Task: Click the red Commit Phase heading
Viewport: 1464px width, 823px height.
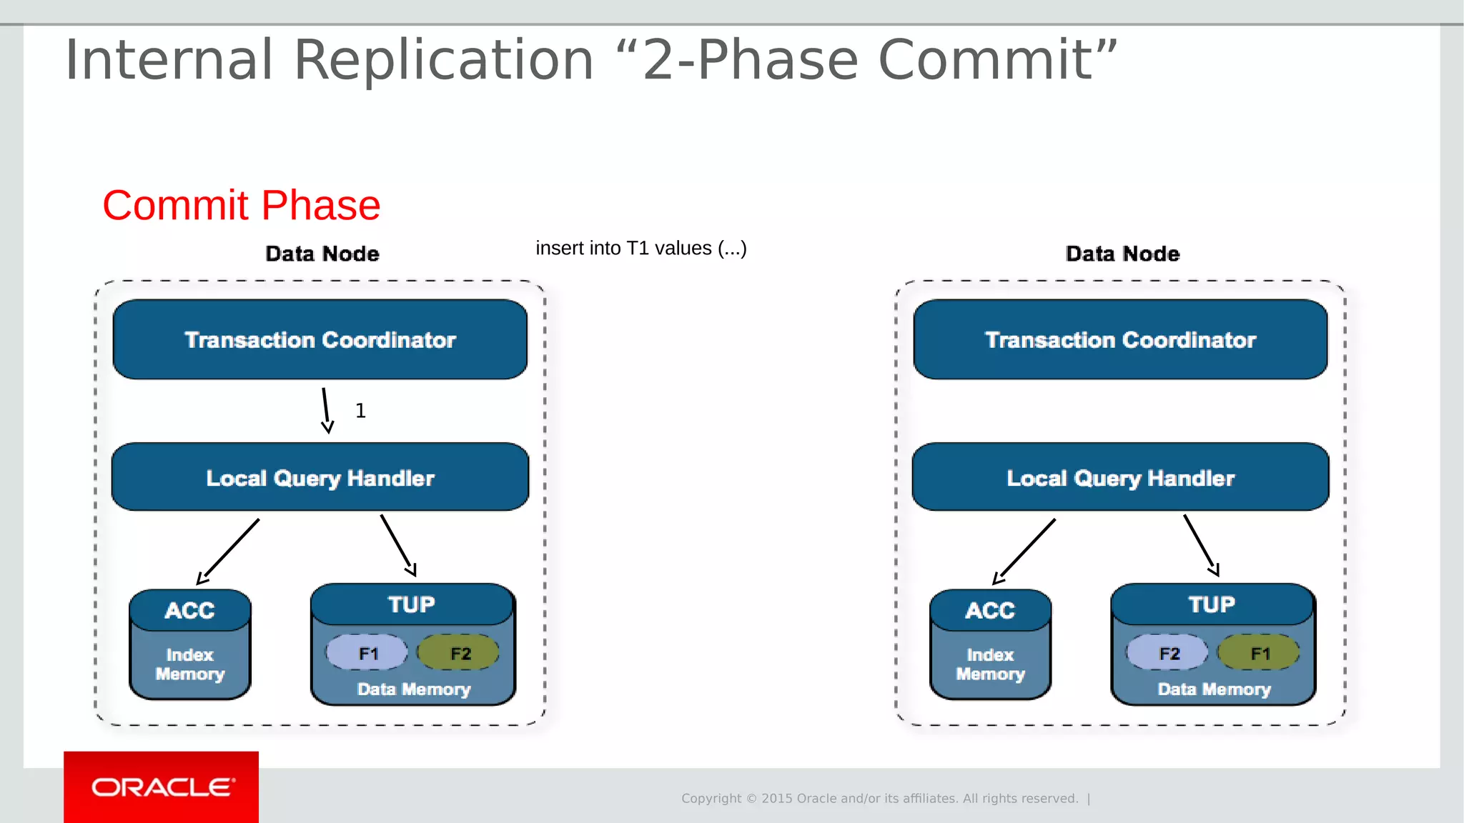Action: coord(241,206)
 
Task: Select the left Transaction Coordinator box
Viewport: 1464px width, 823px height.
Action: coord(320,339)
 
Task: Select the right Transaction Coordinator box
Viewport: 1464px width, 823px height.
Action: coord(1120,339)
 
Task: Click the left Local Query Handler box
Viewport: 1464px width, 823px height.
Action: coord(320,477)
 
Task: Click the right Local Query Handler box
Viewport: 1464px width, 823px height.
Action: coord(1120,477)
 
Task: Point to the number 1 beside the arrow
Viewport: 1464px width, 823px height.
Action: coord(360,411)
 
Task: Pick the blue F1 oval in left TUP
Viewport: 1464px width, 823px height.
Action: coord(367,653)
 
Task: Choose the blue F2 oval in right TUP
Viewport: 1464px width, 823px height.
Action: coord(1168,653)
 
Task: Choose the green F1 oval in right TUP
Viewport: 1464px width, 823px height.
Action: coord(1260,653)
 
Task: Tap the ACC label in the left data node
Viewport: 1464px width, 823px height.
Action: coord(189,610)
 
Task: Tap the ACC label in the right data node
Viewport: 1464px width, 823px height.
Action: coord(990,610)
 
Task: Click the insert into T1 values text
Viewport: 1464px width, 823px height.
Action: coord(641,248)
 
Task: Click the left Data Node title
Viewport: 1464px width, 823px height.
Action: coord(322,254)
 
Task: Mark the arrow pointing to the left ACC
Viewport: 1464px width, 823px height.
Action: coord(229,551)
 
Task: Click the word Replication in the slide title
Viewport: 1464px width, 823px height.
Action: coord(443,60)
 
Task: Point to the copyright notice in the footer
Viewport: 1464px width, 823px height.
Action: coord(879,798)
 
